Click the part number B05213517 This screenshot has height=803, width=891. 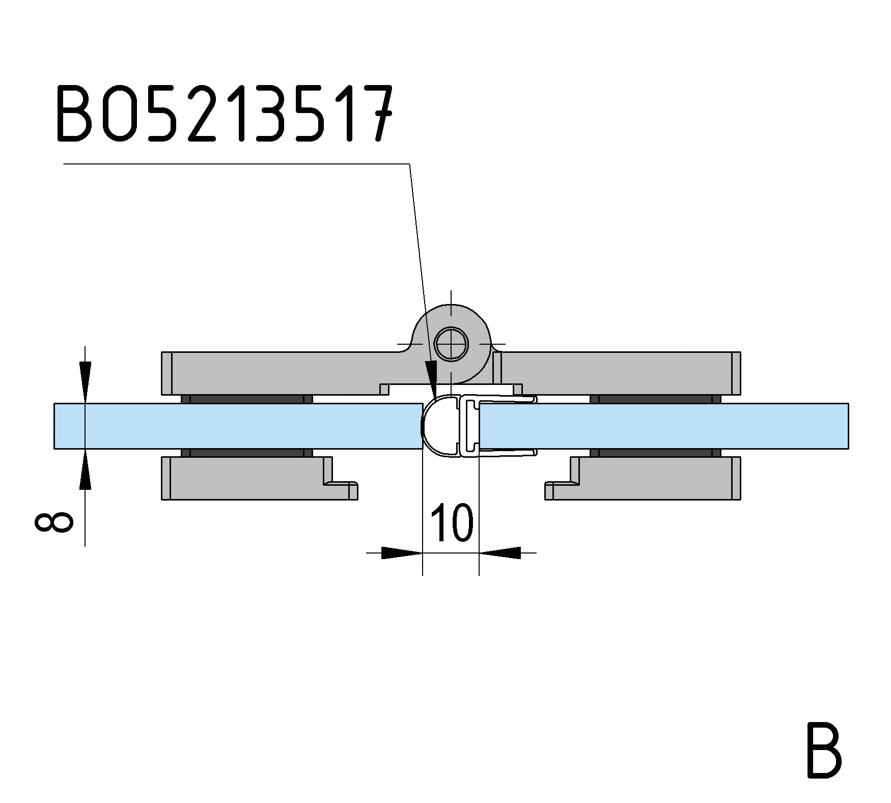[224, 113]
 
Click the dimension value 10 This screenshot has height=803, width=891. [452, 523]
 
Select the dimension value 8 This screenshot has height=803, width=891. [53, 522]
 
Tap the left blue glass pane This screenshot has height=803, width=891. [238, 426]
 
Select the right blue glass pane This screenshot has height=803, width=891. [664, 426]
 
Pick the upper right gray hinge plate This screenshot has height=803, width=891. [617, 373]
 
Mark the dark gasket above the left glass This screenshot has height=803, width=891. [247, 399]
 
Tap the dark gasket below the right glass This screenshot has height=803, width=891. [656, 453]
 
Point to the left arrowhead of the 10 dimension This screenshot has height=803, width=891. [402, 552]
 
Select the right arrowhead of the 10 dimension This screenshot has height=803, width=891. [500, 552]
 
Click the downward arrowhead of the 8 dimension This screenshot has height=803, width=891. [85, 382]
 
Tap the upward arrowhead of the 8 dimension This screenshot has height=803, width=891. [85, 469]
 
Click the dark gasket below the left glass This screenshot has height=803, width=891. [247, 453]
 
